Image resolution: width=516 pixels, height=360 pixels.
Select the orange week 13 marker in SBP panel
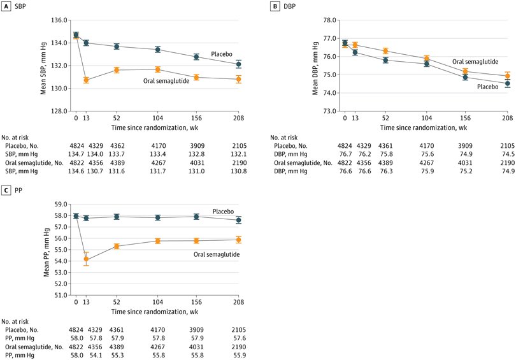(x=86, y=80)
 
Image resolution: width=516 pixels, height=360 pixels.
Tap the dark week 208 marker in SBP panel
(x=239, y=64)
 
